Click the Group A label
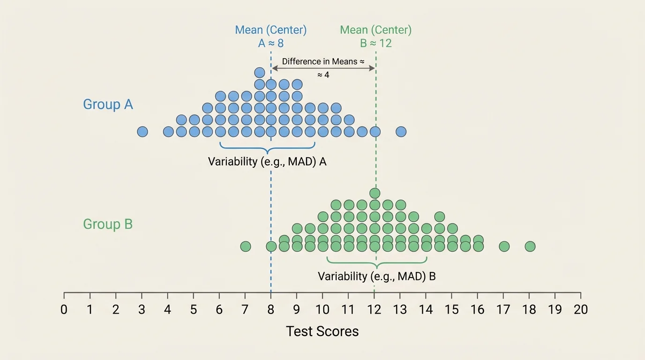[x=108, y=104]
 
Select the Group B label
[x=108, y=224]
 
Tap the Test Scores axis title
[x=322, y=331]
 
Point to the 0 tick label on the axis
[x=64, y=310]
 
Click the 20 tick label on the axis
[x=580, y=310]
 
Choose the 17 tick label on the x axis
[x=503, y=310]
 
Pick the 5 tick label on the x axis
[x=193, y=310]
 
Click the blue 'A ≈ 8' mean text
[x=270, y=43]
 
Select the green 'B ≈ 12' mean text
[x=375, y=43]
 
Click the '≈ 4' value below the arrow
[x=323, y=75]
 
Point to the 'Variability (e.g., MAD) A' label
[x=267, y=162]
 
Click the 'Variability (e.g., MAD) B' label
[x=376, y=276]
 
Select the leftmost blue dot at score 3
[x=142, y=132]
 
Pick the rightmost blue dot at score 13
[x=400, y=132]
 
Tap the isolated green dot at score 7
[x=245, y=246]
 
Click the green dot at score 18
[x=530, y=246]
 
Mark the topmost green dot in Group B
[x=375, y=193]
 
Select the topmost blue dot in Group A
[x=260, y=72]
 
